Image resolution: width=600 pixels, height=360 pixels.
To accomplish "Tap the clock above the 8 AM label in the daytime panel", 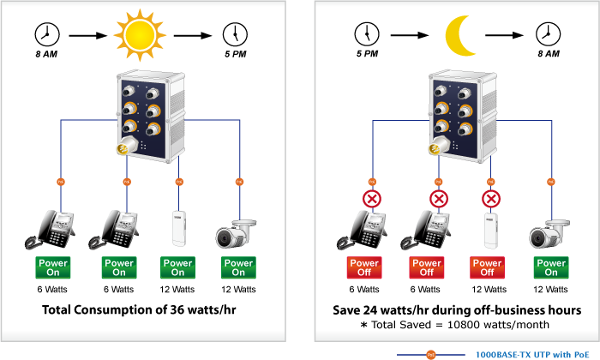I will [x=46, y=34].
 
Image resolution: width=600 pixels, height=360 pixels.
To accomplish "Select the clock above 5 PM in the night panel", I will [x=366, y=34].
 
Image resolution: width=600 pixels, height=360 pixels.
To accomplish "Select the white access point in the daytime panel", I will [x=178, y=228].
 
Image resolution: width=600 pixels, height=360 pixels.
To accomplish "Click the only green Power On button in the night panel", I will [x=550, y=267].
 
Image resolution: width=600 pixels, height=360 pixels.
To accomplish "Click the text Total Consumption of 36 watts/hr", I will [x=143, y=309].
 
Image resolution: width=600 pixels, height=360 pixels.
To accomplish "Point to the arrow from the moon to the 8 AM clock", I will [x=501, y=36].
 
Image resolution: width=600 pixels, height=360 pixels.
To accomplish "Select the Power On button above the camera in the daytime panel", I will [x=238, y=267].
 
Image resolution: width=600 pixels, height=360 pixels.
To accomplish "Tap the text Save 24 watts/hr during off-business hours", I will [x=457, y=309].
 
